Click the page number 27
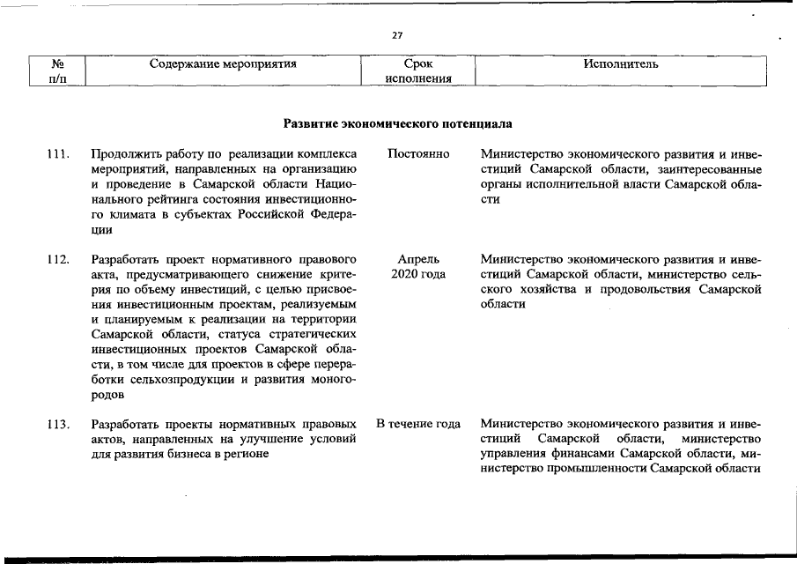point(397,35)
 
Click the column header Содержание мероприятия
point(223,64)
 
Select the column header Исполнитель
point(620,64)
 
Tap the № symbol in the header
point(59,64)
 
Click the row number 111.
point(58,154)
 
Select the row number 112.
point(58,260)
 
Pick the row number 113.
point(58,425)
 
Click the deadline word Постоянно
point(418,154)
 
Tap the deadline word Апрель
point(418,260)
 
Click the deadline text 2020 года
point(418,275)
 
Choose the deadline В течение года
point(418,425)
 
